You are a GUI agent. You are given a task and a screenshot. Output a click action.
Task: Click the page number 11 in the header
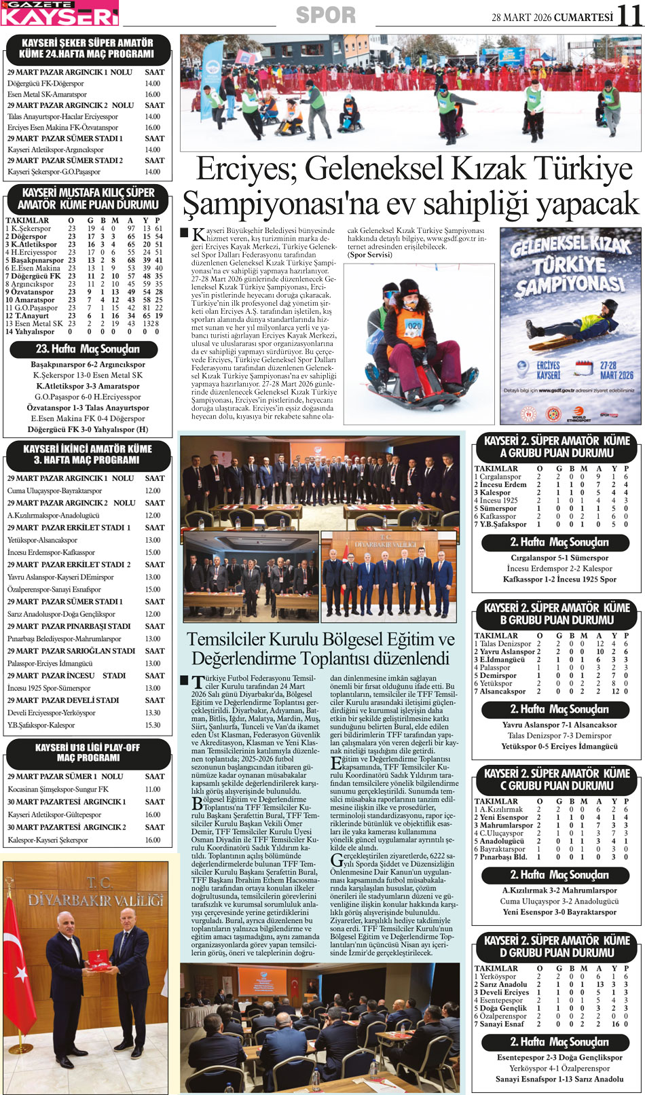pyautogui.click(x=630, y=15)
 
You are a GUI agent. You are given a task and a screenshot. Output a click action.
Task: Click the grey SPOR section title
pyautogui.click(x=326, y=15)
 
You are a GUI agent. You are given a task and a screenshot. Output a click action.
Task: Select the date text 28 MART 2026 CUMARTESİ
pyautogui.click(x=552, y=18)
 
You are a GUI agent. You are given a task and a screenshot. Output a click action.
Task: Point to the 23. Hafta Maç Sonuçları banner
pyautogui.click(x=88, y=349)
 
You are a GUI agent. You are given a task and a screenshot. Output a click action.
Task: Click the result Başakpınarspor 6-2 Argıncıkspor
pyautogui.click(x=88, y=364)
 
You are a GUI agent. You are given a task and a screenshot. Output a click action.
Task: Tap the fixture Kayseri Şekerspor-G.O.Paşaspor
pyautogui.click(x=54, y=172)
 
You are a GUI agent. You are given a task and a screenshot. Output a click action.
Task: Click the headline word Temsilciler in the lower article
pyautogui.click(x=235, y=640)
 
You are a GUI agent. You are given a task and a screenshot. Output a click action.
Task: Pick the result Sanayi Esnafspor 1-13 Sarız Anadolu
pyautogui.click(x=559, y=1079)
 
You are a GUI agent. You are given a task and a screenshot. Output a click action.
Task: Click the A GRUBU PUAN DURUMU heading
pyautogui.click(x=556, y=453)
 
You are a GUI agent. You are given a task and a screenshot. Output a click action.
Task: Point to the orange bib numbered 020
pyautogui.click(x=414, y=326)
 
